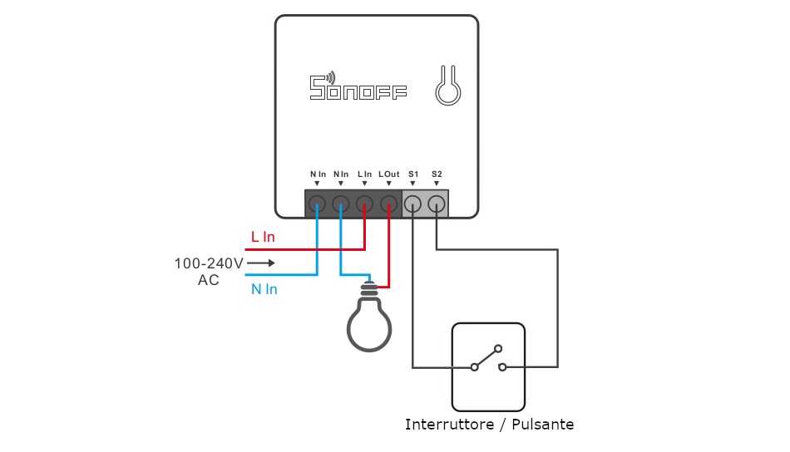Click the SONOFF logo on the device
pos(358,87)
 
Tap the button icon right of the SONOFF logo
pos(447,86)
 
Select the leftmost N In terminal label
pos(317,174)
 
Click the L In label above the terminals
pos(364,174)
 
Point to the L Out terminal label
pos(388,174)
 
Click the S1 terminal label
pos(413,174)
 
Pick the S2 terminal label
pos(437,174)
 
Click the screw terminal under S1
pos(413,203)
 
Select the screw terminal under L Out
pos(388,203)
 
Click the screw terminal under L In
pos(364,203)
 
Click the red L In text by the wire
pos(263,238)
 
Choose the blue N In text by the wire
pos(264,289)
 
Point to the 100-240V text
pos(208,263)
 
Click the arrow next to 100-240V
pos(260,263)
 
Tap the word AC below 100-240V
pos(208,280)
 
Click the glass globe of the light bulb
pos(368,326)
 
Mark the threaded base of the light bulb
pos(368,291)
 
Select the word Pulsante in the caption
pos(542,425)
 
